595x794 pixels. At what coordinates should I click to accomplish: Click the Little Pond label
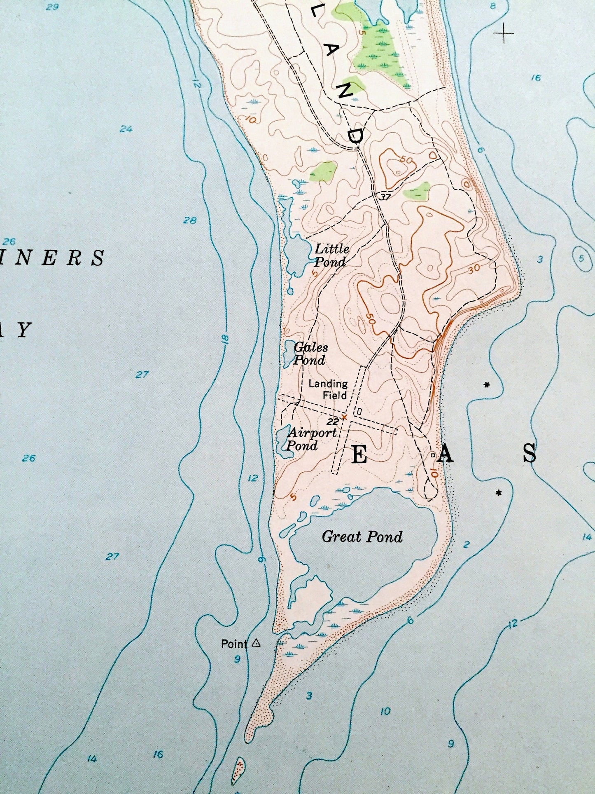click(331, 255)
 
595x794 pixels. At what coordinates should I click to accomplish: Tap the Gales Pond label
click(310, 354)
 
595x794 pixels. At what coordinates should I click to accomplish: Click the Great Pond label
click(362, 536)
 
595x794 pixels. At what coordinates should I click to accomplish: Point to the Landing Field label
click(328, 389)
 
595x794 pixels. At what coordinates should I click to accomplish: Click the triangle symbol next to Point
click(256, 642)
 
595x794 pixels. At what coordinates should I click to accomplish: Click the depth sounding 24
click(126, 129)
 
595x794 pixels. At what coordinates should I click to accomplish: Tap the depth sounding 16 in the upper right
click(535, 77)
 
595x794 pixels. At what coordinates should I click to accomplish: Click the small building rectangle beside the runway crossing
click(359, 411)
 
